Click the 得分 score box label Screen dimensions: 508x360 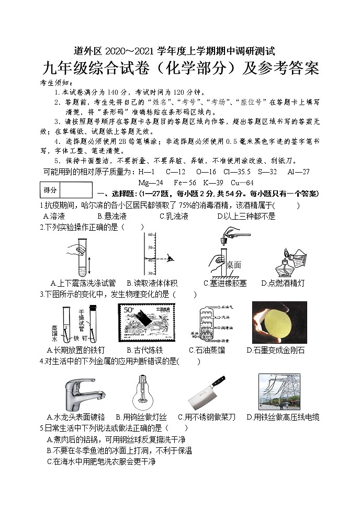click(x=50, y=189)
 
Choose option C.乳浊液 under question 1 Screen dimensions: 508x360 click(x=174, y=216)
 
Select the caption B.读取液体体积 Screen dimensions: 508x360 click(x=152, y=283)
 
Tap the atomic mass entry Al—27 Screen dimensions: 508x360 click(x=298, y=172)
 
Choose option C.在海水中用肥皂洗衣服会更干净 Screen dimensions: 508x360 click(x=101, y=461)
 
